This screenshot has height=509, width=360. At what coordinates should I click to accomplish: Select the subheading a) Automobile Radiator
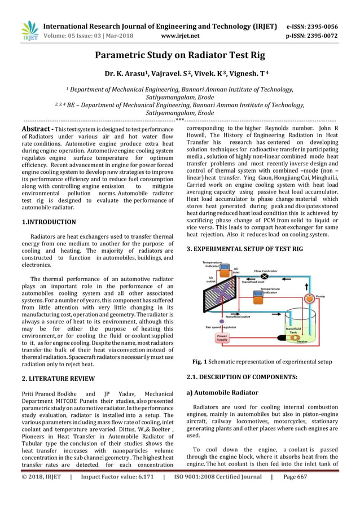(x=222, y=392)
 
